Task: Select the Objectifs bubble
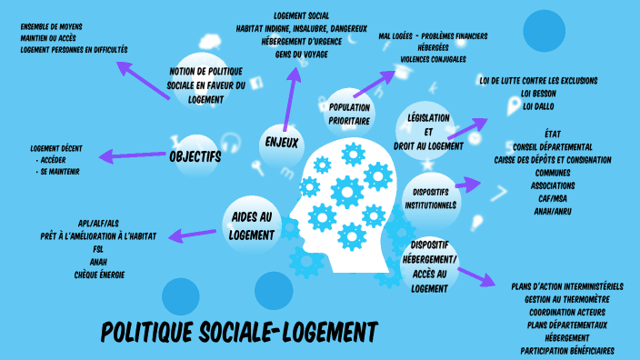click(x=195, y=156)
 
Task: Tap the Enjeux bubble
click(x=282, y=143)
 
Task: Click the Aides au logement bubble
click(x=251, y=226)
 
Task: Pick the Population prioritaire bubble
click(x=350, y=113)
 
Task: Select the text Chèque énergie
click(x=99, y=274)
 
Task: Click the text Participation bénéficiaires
click(x=567, y=350)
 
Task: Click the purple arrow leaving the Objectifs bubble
click(x=130, y=156)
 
